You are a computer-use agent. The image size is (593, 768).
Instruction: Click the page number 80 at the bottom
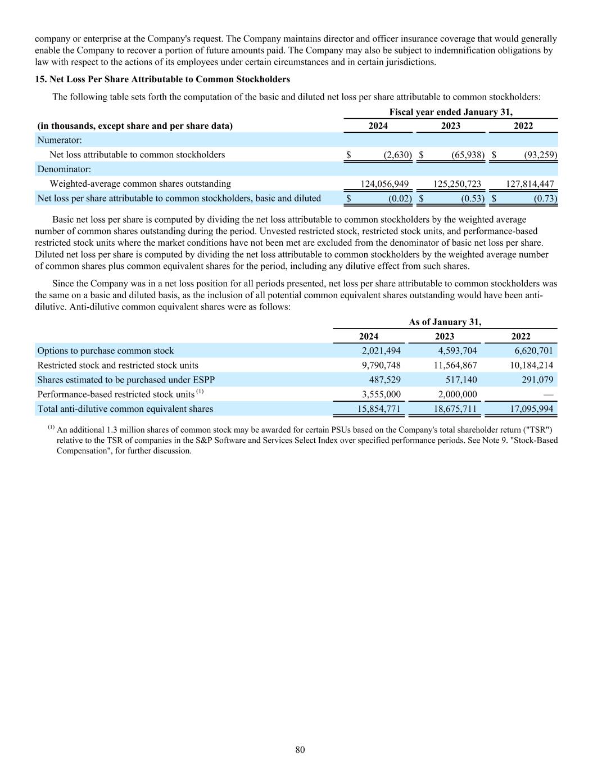pos(300,749)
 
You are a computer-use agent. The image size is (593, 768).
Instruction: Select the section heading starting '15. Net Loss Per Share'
pos(162,79)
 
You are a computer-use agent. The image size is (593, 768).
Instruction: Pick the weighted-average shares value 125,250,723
pos(458,183)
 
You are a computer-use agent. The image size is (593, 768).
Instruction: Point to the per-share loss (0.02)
pos(400,198)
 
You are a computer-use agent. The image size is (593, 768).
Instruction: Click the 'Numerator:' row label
pos(60,140)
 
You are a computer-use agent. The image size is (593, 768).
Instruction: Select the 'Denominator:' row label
pos(64,169)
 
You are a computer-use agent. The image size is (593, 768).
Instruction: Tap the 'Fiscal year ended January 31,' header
pos(450,112)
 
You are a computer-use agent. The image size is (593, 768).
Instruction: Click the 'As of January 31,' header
pos(445,322)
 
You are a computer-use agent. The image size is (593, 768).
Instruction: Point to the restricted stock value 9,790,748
pos(381,365)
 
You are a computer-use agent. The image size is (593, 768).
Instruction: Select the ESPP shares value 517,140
pos(461,380)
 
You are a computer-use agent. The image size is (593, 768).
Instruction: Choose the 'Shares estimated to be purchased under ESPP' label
pos(126,380)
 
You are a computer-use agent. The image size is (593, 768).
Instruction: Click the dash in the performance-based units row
pos(548,394)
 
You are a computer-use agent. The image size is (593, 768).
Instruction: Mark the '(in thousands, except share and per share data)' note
pos(135,126)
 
